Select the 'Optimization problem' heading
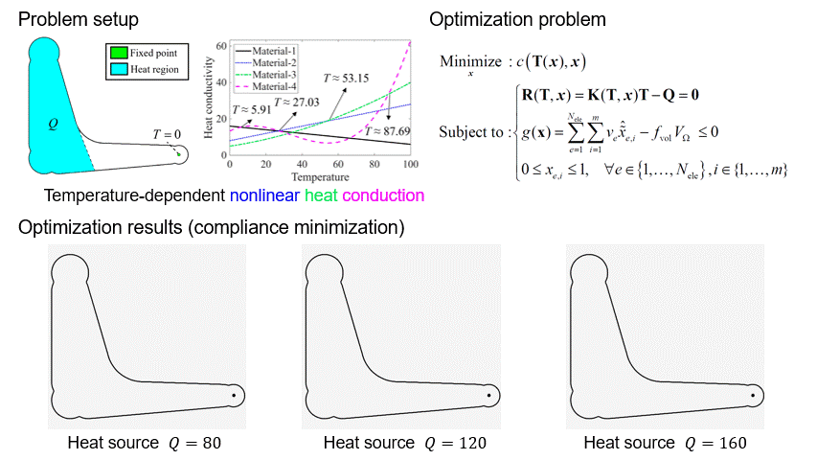[x=517, y=19]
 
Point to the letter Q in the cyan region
[x=54, y=123]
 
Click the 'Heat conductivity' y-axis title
[x=209, y=101]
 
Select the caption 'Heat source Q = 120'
[x=404, y=443]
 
